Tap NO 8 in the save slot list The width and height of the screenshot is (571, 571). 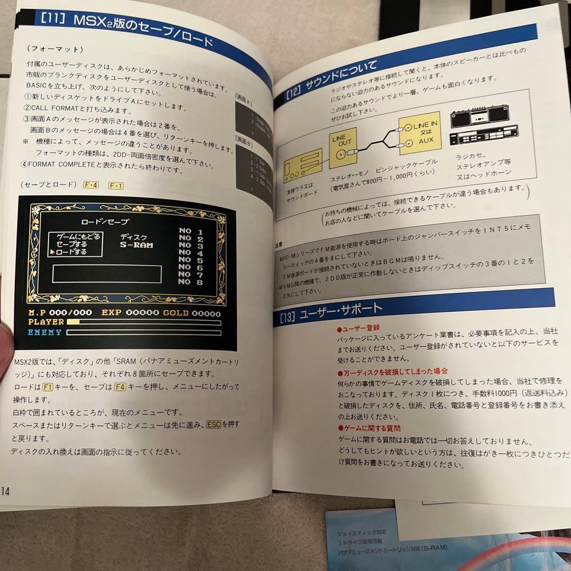pyautogui.click(x=191, y=282)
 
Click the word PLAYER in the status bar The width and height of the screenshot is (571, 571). pyautogui.click(x=45, y=322)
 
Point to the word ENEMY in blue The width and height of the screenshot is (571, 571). pyautogui.click(x=44, y=333)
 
